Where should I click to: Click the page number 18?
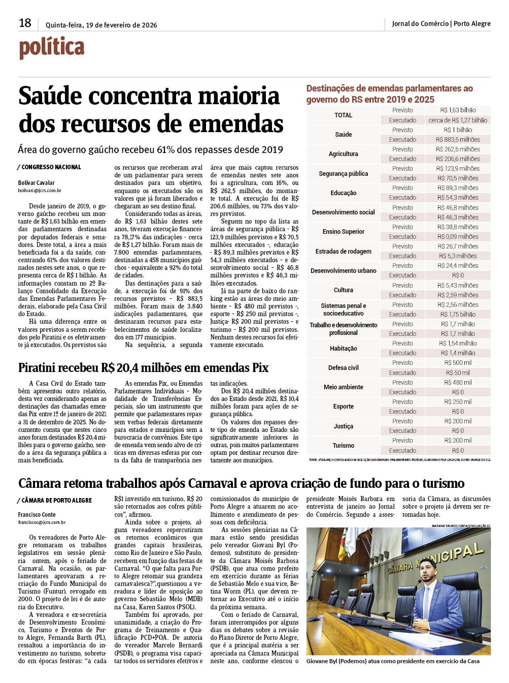click(25, 23)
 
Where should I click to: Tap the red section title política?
click(52, 47)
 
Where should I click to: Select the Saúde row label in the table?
click(343, 135)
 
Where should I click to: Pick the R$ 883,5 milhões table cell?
click(458, 140)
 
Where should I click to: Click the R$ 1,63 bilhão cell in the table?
click(458, 110)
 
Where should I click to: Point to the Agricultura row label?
click(343, 154)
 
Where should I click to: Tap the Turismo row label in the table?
click(343, 446)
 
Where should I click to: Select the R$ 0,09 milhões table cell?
click(458, 237)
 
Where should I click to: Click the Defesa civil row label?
click(343, 368)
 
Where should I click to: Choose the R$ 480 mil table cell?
click(458, 383)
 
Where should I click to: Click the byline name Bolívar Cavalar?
click(37, 183)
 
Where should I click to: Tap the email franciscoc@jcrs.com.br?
click(42, 522)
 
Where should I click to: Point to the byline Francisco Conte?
click(37, 515)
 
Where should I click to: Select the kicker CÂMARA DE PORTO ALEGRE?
click(56, 501)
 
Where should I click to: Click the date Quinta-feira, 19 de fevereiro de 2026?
click(101, 25)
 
